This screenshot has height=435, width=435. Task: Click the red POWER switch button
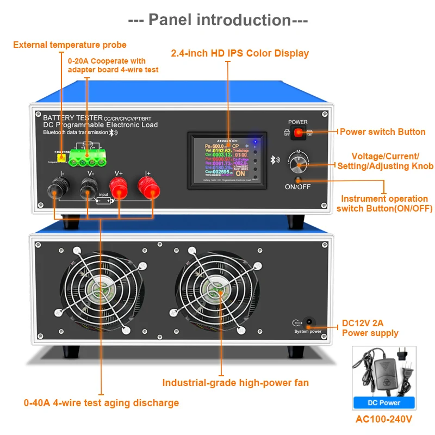[297, 132]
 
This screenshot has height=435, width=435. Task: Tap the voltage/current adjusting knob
[297, 161]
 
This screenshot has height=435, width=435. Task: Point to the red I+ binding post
[148, 190]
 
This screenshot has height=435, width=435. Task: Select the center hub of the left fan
[101, 289]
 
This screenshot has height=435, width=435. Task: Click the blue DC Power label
[384, 403]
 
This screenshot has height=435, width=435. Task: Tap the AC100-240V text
[384, 419]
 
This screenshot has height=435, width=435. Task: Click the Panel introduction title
[218, 20]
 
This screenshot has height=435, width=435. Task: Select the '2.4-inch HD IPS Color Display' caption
[240, 53]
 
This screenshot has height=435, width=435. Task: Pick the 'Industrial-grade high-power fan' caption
[235, 383]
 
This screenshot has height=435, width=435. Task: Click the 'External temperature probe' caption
[70, 45]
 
